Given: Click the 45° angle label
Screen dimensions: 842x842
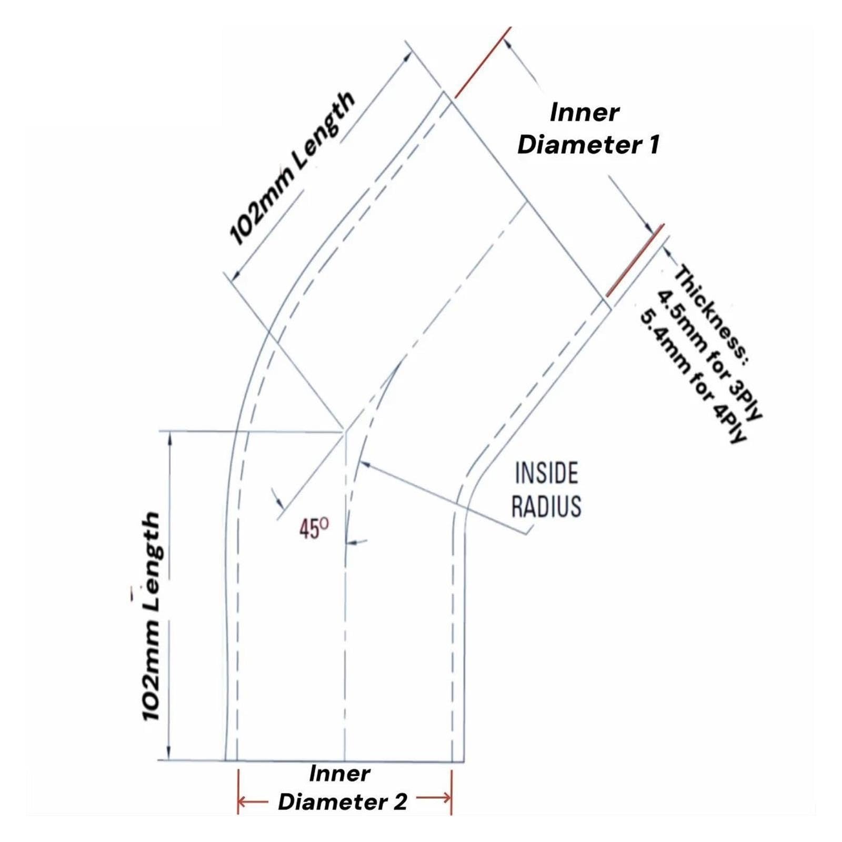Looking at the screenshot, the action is point(314,528).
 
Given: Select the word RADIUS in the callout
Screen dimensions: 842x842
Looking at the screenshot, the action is point(546,506).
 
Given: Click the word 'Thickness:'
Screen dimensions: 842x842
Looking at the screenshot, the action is point(713,313).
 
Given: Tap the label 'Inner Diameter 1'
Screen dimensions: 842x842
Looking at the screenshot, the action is point(588,128).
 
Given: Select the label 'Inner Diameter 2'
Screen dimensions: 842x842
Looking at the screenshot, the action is point(342,788).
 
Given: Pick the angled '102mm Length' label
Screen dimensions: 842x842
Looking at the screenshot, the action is point(292,168).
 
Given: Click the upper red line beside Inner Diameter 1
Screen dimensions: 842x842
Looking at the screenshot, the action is point(483,63).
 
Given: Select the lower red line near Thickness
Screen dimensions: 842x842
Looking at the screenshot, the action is point(635,260).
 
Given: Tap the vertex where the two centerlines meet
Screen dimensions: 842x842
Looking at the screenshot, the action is point(345,432).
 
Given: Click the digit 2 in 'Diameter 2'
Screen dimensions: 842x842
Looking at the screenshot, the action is point(399,802).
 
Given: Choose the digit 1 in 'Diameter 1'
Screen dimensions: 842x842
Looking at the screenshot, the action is point(654,144).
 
